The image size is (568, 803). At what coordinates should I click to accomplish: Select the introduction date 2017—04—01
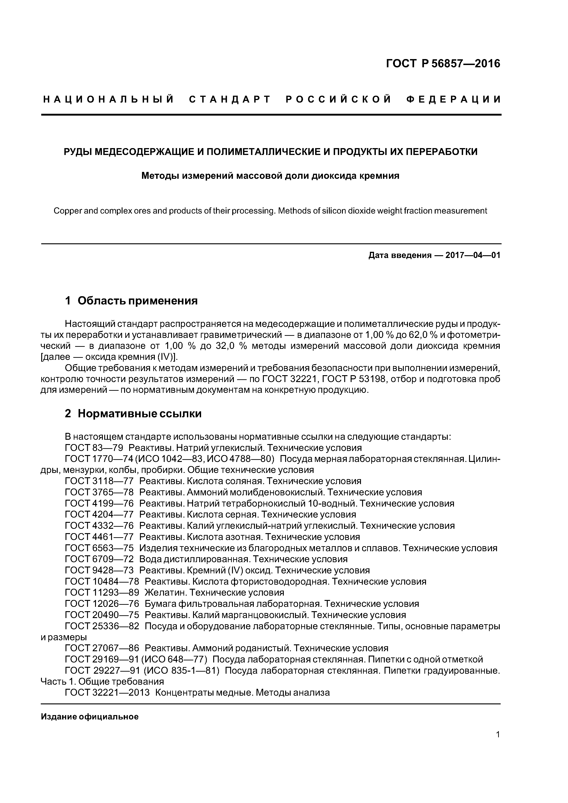tap(473, 255)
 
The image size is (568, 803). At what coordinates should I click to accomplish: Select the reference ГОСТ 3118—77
tap(99, 481)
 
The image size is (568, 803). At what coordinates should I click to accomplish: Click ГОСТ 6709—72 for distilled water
tap(99, 559)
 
